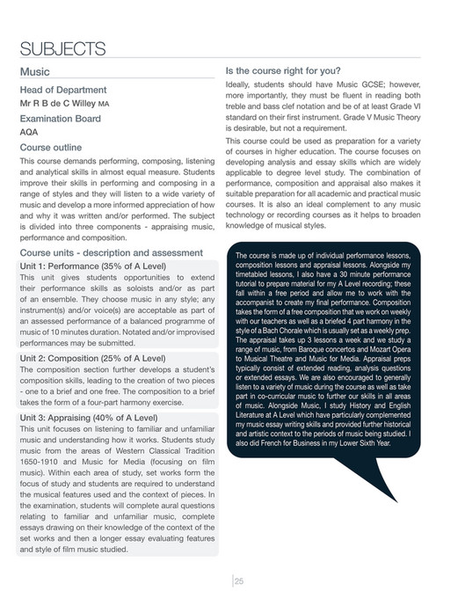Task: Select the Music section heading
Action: (x=34, y=71)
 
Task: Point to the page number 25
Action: (x=238, y=579)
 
